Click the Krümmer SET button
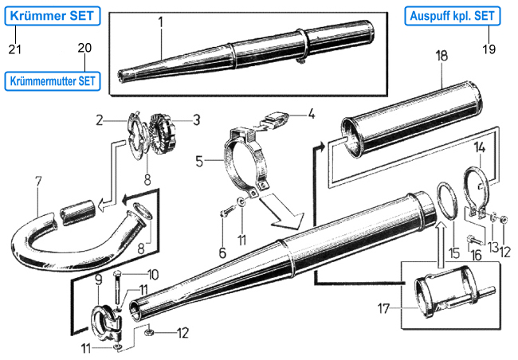[x=53, y=15]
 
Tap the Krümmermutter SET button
[x=54, y=80]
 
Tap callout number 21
[x=14, y=49]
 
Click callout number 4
[x=312, y=113]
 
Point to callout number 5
[x=199, y=161]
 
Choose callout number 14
[x=480, y=147]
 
